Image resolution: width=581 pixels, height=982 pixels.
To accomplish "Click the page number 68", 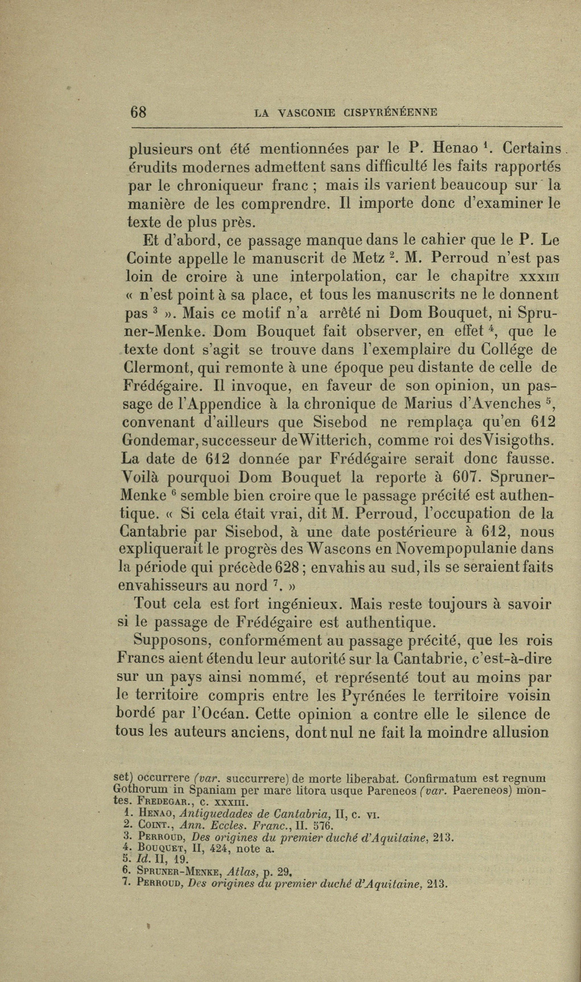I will [139, 112].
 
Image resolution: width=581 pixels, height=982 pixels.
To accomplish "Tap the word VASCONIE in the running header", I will [305, 113].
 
